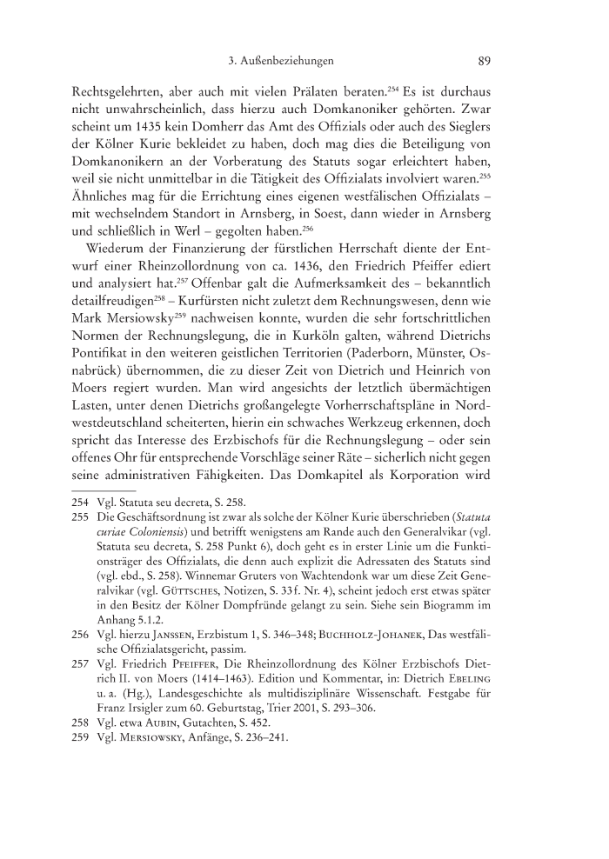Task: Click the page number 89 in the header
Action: coord(486,62)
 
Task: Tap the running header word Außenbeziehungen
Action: coord(288,62)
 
